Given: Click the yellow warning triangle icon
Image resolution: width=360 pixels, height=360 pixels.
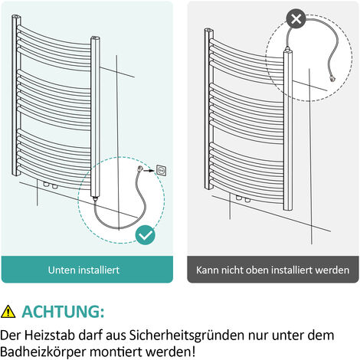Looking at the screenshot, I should [8, 311].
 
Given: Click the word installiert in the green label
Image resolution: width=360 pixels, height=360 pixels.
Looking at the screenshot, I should [100, 270].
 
